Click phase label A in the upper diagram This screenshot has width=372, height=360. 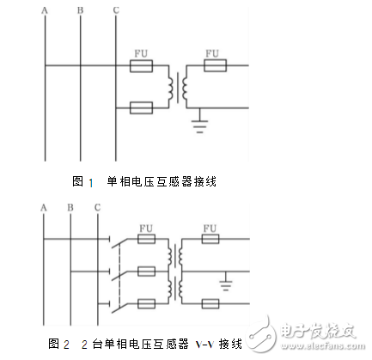(46, 9)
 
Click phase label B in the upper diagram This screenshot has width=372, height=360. (80, 9)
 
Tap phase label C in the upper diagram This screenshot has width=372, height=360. (115, 9)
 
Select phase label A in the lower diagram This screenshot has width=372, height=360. (42, 207)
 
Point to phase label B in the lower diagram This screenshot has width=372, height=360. (69, 207)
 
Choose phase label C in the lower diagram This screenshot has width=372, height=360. (97, 207)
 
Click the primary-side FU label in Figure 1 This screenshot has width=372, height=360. (142, 52)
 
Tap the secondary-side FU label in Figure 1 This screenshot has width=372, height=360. (212, 52)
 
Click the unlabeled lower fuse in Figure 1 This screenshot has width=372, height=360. (142, 107)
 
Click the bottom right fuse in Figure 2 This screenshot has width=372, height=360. (210, 302)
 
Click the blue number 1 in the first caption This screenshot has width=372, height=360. (91, 182)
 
